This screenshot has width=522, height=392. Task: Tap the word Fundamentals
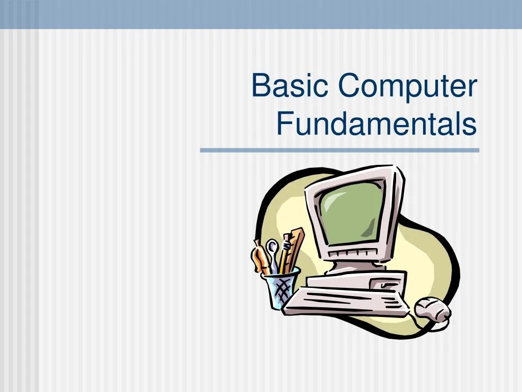(377, 125)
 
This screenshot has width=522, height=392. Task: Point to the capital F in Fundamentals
(283, 125)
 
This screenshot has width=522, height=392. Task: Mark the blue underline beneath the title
(340, 150)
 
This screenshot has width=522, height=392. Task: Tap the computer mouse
(432, 309)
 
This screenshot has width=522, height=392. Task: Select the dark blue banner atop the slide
(261, 14)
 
